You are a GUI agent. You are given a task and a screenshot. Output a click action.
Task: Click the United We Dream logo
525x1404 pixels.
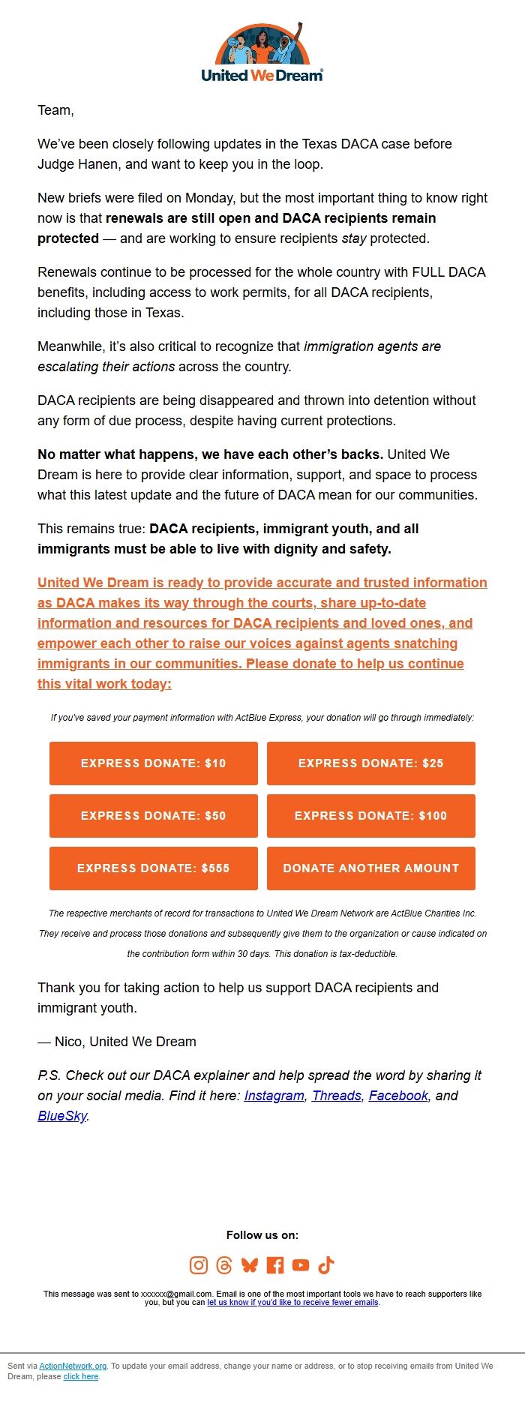pos(262,52)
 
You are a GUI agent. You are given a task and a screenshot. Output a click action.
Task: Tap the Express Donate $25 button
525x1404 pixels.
pos(370,763)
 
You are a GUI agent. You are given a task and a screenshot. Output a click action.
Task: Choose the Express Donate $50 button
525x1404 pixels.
pos(154,816)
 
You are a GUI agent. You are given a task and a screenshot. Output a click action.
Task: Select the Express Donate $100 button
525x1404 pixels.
pos(370,816)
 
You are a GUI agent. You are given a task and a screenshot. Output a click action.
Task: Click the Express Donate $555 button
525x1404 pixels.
pos(154,868)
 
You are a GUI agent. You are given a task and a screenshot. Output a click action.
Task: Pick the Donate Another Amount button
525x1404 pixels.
pos(370,868)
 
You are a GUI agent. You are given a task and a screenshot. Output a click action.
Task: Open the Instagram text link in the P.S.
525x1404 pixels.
pos(274,1096)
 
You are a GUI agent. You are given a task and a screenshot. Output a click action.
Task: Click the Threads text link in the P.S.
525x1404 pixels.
pos(336,1096)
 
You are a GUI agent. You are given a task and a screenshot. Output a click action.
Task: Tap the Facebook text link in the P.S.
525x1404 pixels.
pos(397,1096)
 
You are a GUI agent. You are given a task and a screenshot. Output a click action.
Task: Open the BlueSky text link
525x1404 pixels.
pos(62,1116)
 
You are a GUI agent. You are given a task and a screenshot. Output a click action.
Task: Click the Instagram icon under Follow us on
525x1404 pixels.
pos(199,1265)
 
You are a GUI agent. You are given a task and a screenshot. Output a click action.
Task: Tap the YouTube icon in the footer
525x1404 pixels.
pos(301,1265)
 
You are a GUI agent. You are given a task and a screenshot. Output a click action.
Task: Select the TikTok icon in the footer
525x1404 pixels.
pos(326,1265)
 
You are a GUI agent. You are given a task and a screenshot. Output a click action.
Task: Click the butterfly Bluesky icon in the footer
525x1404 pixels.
pos(250,1265)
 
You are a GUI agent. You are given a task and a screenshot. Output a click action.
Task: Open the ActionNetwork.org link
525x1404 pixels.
pos(73,1366)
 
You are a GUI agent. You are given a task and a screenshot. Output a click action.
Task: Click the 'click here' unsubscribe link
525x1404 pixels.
pos(81,1376)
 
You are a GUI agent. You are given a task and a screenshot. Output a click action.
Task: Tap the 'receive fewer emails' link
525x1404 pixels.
pos(292,1303)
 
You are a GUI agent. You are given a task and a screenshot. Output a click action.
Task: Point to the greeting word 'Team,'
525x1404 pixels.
pos(55,110)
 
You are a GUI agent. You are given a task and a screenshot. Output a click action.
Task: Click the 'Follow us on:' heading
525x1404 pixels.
pos(262,1235)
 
